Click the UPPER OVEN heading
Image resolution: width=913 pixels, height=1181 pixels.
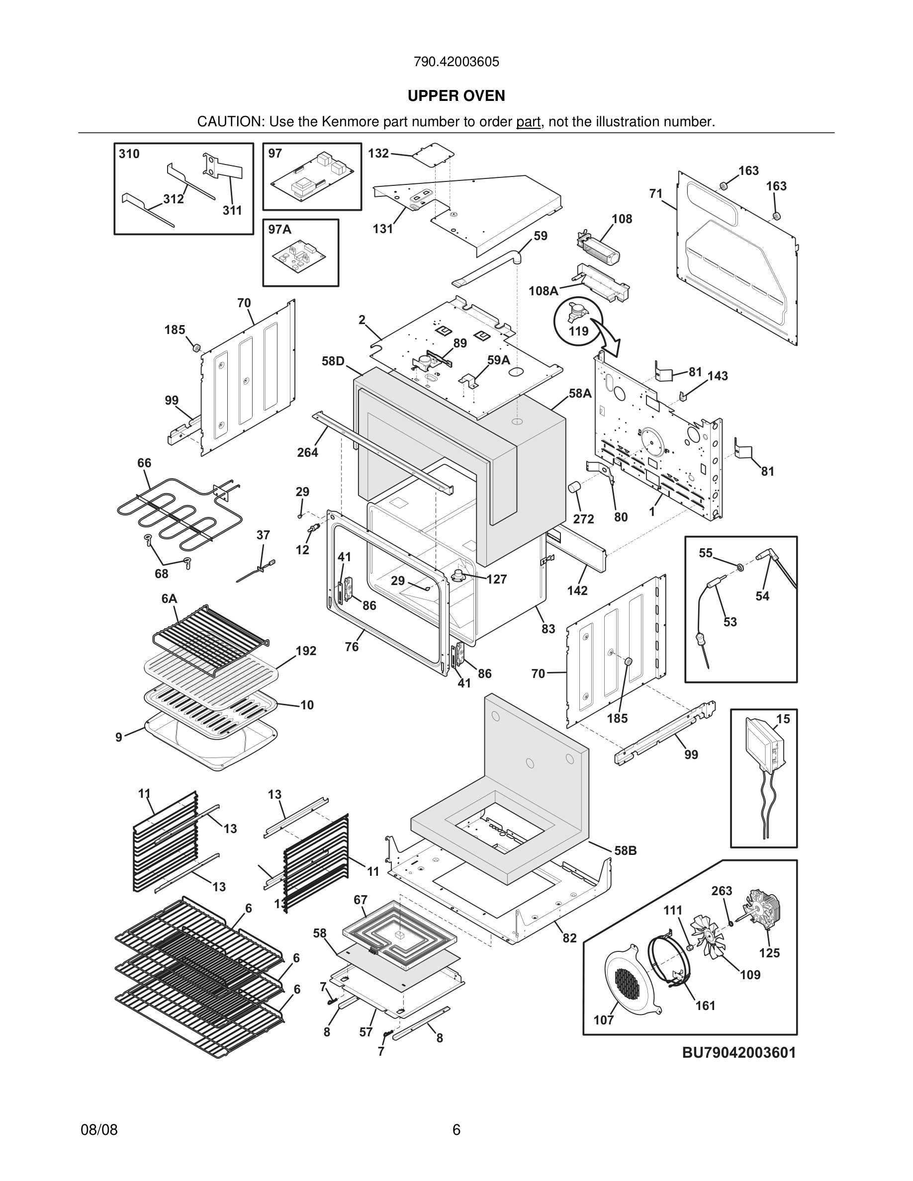456,96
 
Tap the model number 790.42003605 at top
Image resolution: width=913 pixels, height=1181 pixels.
456,62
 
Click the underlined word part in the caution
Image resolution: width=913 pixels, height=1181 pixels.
528,122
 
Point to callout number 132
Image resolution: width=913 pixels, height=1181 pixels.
378,153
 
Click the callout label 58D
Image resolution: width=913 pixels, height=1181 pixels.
333,361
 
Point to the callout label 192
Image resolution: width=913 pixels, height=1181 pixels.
306,651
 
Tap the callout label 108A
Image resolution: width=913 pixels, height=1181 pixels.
543,291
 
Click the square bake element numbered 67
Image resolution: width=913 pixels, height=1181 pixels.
399,934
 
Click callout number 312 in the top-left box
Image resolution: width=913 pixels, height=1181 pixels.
173,199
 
